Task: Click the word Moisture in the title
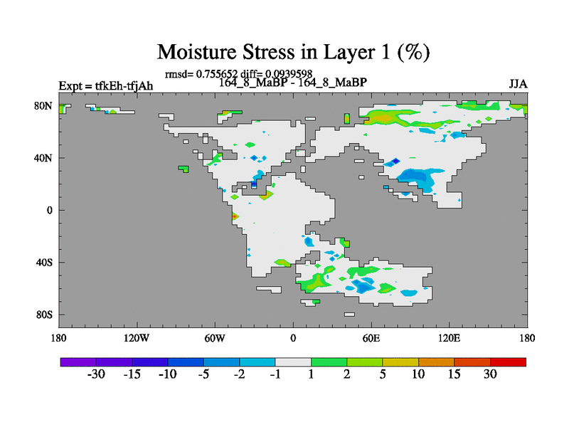click(x=197, y=52)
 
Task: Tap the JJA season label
click(x=518, y=84)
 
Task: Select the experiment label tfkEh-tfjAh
click(x=124, y=86)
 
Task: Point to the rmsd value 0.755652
click(x=217, y=74)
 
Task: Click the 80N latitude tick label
click(x=43, y=106)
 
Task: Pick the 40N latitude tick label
click(x=43, y=158)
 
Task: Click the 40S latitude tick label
click(x=44, y=262)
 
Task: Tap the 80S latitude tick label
click(x=44, y=315)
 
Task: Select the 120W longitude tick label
click(x=136, y=339)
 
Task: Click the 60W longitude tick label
click(x=215, y=339)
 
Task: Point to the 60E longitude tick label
click(x=371, y=339)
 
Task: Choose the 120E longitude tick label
click(x=450, y=339)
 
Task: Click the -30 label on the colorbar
click(x=96, y=374)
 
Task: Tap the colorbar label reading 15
click(x=454, y=374)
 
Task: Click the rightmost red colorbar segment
click(x=508, y=362)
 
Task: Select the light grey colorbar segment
click(x=293, y=362)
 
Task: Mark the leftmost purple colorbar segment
click(x=78, y=362)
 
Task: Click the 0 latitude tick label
click(x=49, y=210)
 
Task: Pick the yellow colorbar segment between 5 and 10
click(x=400, y=362)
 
